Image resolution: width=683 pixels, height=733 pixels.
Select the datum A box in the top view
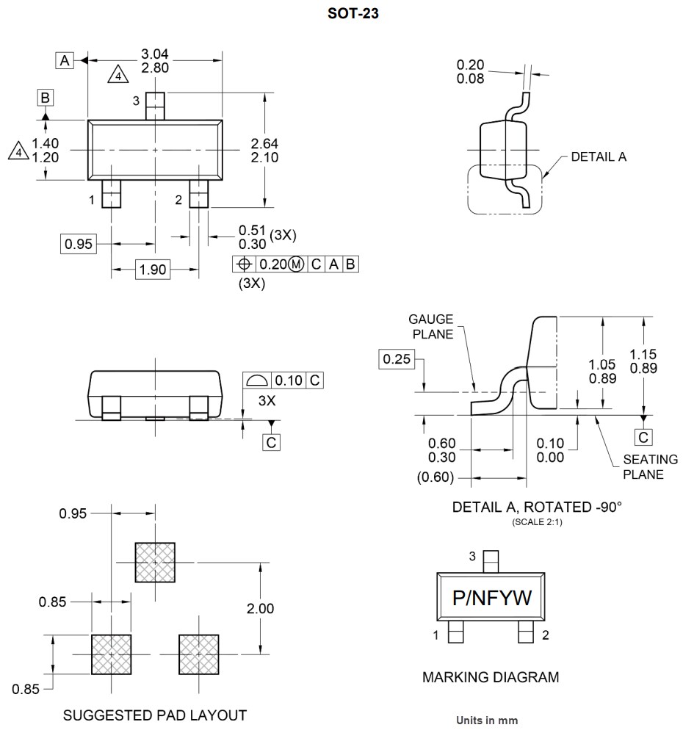(x=65, y=61)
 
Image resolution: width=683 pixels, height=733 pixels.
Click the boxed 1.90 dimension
(x=153, y=270)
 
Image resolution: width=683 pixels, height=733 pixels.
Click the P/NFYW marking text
(x=491, y=599)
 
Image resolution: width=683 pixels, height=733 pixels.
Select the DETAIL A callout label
(x=599, y=156)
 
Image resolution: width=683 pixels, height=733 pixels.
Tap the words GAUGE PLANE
(x=432, y=326)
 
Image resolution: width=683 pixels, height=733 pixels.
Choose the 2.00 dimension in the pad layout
(x=261, y=608)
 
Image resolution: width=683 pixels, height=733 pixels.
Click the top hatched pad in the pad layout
(x=155, y=563)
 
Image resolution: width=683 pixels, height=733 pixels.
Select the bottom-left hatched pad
(x=111, y=654)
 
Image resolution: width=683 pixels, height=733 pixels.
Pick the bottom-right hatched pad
(x=199, y=654)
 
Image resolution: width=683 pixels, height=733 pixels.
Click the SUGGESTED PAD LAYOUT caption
(x=155, y=715)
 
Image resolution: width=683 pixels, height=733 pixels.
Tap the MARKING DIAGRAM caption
(x=491, y=676)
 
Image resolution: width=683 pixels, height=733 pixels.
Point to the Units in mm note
(x=487, y=721)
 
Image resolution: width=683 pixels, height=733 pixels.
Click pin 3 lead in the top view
(x=155, y=106)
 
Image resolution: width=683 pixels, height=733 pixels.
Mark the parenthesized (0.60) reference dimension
(x=436, y=478)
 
